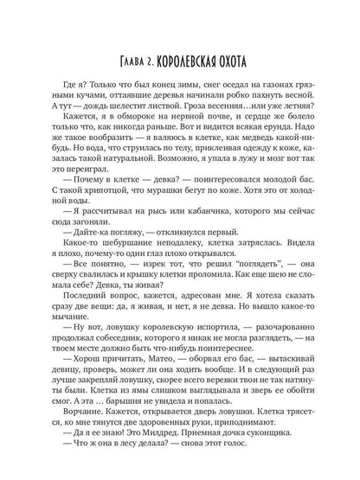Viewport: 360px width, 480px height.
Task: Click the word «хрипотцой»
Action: (x=85, y=212)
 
